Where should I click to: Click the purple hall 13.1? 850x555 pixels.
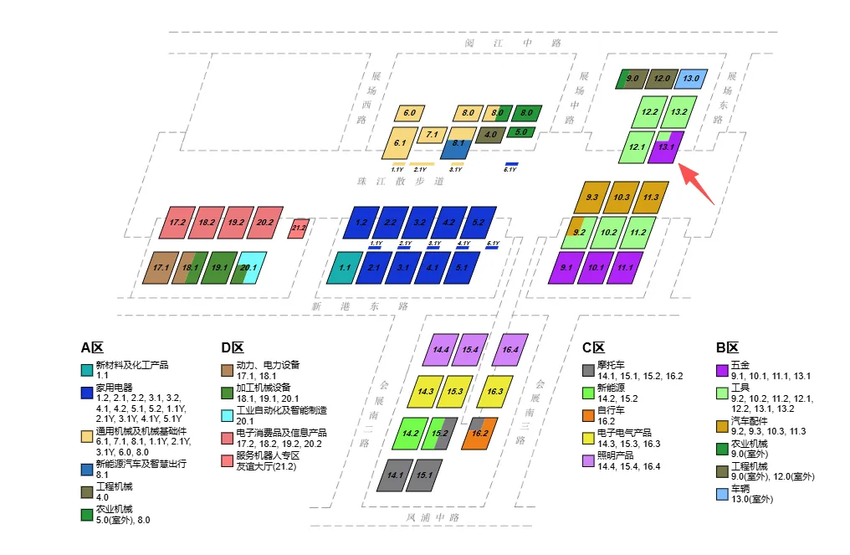point(668,147)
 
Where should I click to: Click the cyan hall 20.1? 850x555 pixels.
point(248,268)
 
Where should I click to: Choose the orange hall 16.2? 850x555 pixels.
point(479,434)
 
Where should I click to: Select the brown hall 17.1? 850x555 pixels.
point(161,268)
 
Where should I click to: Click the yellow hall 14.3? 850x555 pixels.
point(426,391)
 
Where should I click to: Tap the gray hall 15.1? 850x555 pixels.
point(423,475)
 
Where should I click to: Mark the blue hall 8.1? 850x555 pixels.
point(458,144)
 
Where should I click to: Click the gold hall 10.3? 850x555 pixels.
point(621,198)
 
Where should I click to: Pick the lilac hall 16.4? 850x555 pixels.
point(509,350)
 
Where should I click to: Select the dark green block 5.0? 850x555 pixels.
point(520,132)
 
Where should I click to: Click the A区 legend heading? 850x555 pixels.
point(91,347)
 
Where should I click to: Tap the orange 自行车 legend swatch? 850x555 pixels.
point(588,413)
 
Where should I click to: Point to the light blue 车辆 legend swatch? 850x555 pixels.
point(722,494)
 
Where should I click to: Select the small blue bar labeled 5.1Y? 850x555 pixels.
point(493,249)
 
